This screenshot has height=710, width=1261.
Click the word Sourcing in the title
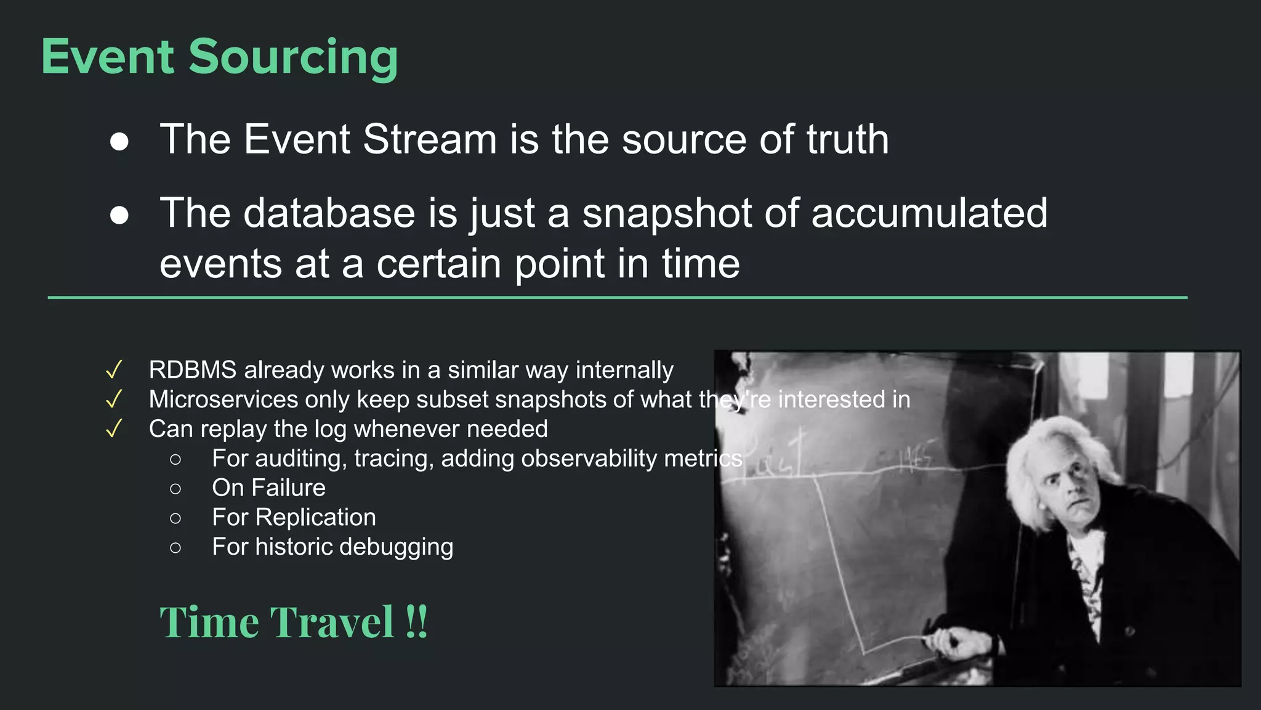(x=293, y=57)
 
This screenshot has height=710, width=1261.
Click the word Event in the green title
(x=108, y=57)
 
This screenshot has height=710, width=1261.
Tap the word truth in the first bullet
(x=847, y=139)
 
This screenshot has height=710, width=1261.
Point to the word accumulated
(x=929, y=213)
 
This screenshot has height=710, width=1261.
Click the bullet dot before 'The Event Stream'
(x=119, y=142)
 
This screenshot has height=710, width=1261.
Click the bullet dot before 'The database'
(x=119, y=216)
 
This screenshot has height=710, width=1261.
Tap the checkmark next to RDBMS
(x=114, y=370)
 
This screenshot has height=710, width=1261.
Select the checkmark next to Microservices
(x=114, y=399)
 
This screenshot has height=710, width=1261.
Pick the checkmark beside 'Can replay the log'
(x=114, y=429)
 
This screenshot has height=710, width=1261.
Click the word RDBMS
(x=193, y=370)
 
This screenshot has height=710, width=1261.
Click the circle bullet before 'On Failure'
(x=175, y=489)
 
